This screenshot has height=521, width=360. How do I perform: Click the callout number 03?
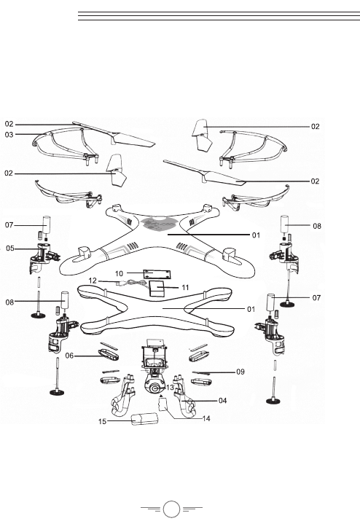[9, 134]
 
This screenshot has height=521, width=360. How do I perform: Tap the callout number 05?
[10, 248]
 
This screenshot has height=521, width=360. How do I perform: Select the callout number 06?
[69, 356]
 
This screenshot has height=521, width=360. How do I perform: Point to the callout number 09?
[240, 372]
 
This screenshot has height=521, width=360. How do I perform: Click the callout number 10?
[119, 273]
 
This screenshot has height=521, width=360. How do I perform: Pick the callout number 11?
[185, 287]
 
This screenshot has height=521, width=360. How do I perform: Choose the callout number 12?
[93, 281]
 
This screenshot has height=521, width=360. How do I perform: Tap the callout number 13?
[170, 388]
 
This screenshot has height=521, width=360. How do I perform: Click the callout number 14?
[206, 418]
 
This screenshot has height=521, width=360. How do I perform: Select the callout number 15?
[102, 421]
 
